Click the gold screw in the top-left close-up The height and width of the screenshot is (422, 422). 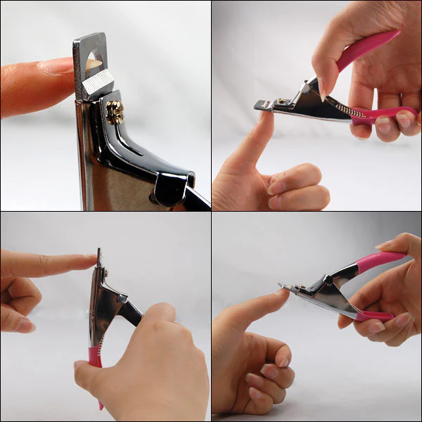pyautogui.click(x=113, y=111)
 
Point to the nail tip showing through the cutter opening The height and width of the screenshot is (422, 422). pyautogui.click(x=91, y=64)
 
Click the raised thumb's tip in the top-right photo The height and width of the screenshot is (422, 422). pyautogui.click(x=266, y=116)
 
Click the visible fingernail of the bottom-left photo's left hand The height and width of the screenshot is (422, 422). pyautogui.click(x=25, y=325)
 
